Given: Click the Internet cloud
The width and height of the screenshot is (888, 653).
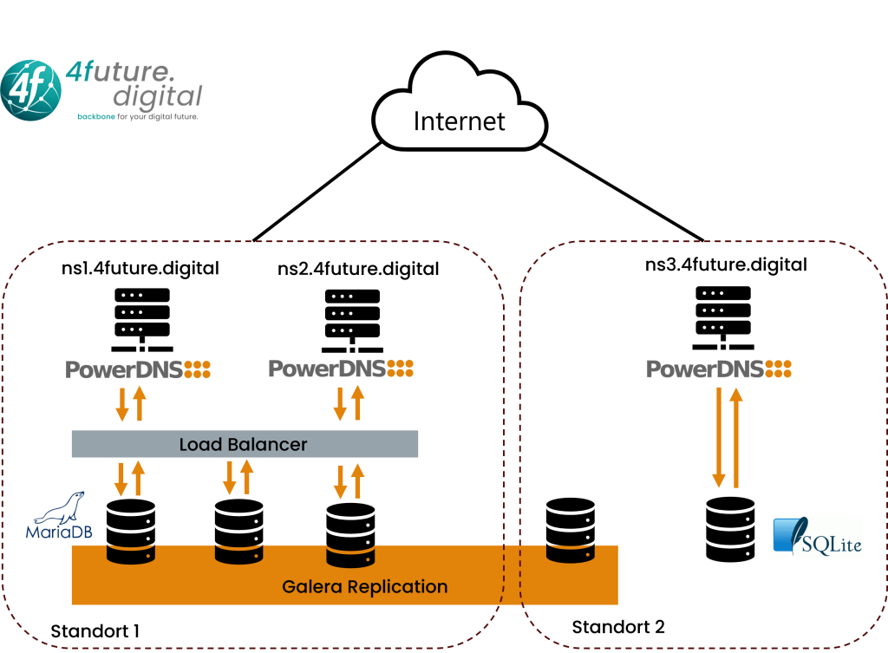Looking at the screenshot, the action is tap(460, 102).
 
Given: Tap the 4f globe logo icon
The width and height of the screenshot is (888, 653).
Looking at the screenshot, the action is tap(30, 90).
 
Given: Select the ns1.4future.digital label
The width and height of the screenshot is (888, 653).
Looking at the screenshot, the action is tap(140, 268).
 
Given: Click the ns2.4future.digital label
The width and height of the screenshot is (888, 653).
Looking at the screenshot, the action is tap(358, 269).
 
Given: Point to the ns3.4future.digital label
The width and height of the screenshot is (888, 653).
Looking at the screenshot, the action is tap(726, 264).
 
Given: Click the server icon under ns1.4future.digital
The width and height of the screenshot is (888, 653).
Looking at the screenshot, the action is tap(142, 320).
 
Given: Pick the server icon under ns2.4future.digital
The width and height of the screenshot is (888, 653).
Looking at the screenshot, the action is tap(352, 321).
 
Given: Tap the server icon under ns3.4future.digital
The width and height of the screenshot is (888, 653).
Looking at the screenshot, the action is tap(723, 317).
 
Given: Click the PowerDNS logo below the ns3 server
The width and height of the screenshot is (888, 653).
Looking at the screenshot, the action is tap(719, 369).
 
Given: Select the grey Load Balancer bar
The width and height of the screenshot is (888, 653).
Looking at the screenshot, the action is tap(245, 444).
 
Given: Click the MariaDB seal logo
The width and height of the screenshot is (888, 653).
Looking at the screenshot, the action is tap(59, 515).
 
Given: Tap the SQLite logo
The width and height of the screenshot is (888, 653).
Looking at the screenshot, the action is tap(818, 536).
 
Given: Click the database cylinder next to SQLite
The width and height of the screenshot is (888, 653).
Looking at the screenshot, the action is tap(730, 530).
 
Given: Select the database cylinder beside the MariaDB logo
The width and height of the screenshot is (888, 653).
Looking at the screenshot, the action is tap(131, 532).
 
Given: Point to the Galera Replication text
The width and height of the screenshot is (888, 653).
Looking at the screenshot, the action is tap(365, 587).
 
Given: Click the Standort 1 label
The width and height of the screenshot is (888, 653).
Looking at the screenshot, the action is tap(95, 631).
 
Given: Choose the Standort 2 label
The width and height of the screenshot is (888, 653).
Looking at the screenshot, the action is tap(617, 627).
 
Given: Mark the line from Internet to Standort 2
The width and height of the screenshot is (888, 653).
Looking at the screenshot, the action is tap(623, 193).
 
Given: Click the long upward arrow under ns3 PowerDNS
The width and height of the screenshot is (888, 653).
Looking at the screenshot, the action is tap(736, 437).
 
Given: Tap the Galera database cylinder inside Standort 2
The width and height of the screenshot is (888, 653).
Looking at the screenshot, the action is tap(571, 530).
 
